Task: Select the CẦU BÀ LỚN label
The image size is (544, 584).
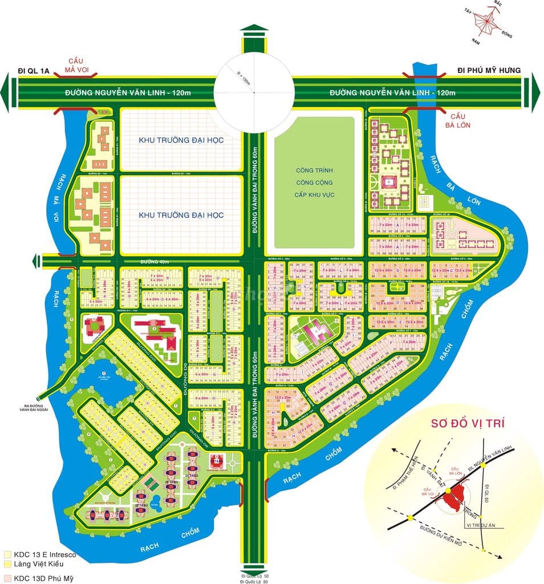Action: click(x=458, y=119)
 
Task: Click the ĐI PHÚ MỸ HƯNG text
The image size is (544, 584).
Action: click(x=489, y=70)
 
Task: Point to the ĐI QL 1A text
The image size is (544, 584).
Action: click(x=34, y=70)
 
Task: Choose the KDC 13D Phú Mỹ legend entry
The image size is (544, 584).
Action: click(x=39, y=578)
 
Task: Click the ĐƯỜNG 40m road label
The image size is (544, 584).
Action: click(x=155, y=261)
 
